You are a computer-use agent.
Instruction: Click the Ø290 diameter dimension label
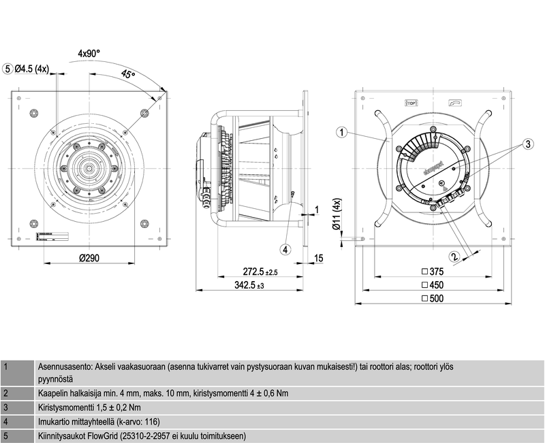click(89, 259)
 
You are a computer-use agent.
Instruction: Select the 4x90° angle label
click(89, 52)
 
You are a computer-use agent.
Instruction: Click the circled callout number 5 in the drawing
click(8, 69)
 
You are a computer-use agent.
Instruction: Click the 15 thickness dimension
click(319, 259)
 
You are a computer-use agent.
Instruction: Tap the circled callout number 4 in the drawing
click(286, 249)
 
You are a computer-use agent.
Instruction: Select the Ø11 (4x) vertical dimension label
click(336, 218)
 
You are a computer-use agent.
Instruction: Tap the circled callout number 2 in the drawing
click(454, 257)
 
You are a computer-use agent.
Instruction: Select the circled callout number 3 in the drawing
click(527, 144)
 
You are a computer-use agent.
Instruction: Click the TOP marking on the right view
click(411, 103)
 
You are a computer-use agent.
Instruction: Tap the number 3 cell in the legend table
click(6, 408)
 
